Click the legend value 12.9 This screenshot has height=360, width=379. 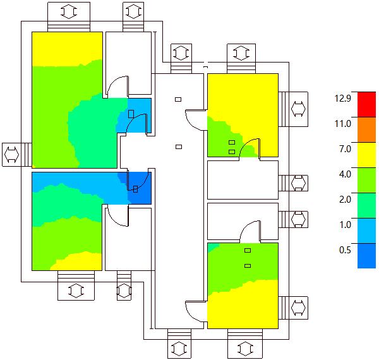(342, 98)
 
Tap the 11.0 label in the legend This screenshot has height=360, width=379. (343, 123)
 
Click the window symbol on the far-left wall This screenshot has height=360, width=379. (12, 154)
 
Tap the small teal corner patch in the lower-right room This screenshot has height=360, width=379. (212, 246)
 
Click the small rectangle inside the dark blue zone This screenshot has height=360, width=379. (135, 188)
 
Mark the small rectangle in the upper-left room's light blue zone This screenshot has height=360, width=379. (131, 114)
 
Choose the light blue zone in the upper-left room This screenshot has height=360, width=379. (139, 107)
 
